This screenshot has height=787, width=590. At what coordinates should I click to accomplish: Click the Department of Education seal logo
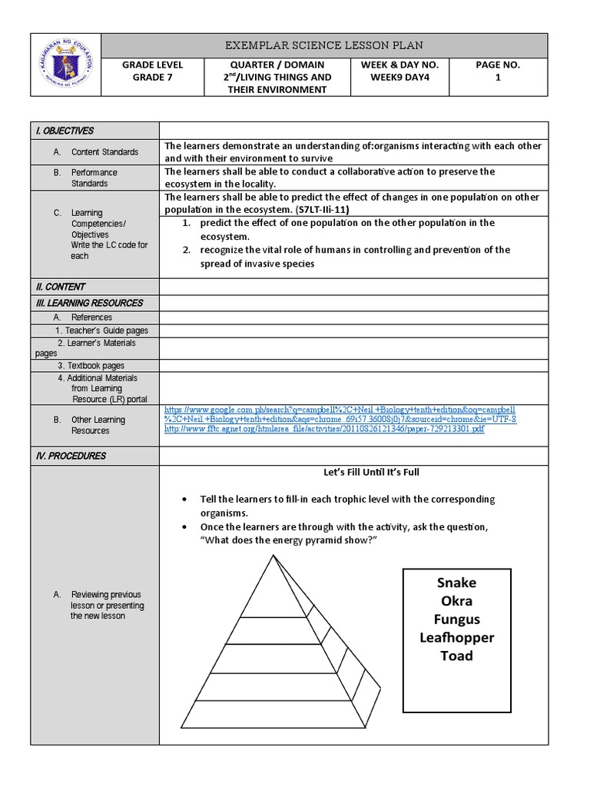click(65, 65)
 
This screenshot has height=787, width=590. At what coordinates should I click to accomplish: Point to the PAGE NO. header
click(498, 65)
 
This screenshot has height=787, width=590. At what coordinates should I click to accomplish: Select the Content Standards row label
click(104, 152)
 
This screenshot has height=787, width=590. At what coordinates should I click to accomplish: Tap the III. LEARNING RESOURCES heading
click(89, 303)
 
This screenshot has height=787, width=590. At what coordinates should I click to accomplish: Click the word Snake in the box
click(456, 583)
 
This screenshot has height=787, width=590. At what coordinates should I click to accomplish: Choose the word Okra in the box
click(456, 601)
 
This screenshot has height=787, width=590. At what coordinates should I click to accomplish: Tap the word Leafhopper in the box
click(456, 637)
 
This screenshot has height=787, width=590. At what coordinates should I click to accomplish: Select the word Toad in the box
click(456, 656)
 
